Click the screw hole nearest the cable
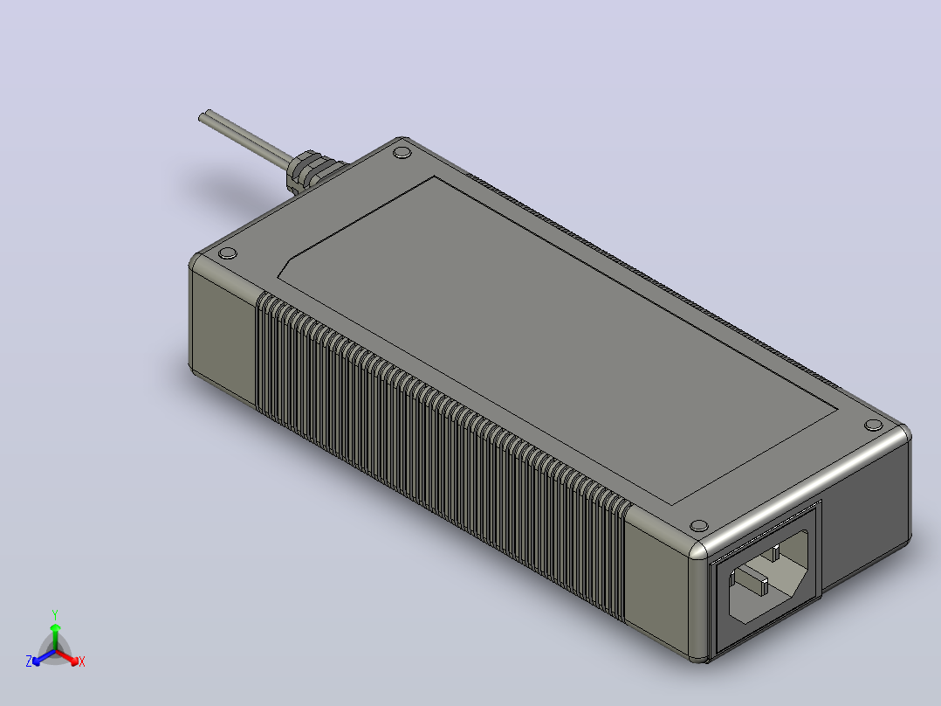402,153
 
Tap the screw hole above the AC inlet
698,526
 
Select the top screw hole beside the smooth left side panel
228,253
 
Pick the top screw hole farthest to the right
873,426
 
